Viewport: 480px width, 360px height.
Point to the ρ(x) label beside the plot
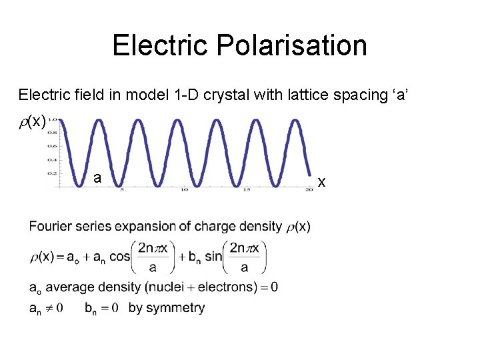point(33,121)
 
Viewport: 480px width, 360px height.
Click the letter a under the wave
point(97,178)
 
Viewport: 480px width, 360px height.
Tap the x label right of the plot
point(321,181)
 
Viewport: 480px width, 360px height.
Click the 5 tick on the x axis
point(121,191)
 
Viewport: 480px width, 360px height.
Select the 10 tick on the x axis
point(184,191)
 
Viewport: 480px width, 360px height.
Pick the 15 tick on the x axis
point(247,191)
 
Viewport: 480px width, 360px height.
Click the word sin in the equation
point(213,257)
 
